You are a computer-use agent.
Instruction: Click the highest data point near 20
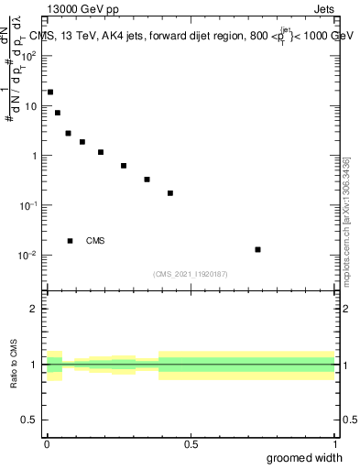point(50,92)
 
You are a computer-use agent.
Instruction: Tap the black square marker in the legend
point(70,241)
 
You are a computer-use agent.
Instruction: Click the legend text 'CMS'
point(95,241)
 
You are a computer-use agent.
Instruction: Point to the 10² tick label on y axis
point(28,56)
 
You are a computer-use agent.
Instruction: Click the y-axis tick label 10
point(31,105)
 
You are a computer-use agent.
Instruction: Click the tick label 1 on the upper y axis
point(35,156)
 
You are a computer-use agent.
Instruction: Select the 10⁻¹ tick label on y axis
point(28,205)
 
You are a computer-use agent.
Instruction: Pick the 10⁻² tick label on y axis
point(28,255)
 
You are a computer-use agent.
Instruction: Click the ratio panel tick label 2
point(35,309)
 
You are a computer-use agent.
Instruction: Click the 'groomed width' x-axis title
point(305,458)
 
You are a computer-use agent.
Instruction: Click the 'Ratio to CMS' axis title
point(14,365)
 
